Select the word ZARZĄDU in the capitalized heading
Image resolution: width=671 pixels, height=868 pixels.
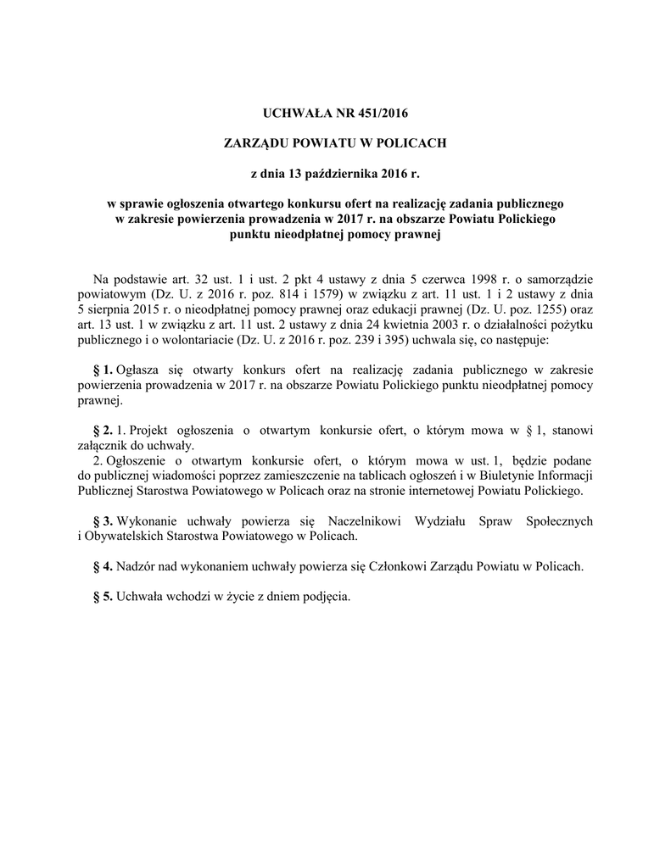click(254, 144)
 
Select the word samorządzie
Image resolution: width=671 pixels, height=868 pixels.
click(562, 279)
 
